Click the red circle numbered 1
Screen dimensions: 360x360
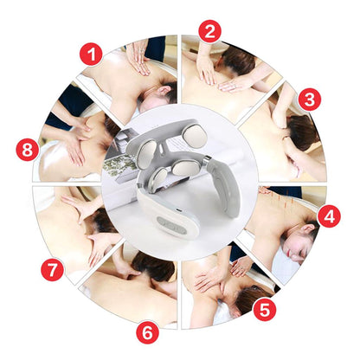coord(91,54)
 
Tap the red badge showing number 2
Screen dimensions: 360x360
coord(210,31)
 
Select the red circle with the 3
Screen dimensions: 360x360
coord(310,100)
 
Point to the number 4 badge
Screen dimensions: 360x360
coord(329,215)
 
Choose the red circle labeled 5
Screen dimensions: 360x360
coord(265,310)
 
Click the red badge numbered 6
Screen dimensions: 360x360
coord(147,332)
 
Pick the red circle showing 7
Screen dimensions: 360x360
coord(52,270)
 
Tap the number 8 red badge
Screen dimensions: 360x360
coord(28,150)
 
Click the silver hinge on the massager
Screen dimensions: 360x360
coord(208,159)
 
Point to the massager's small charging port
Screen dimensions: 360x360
coord(179,210)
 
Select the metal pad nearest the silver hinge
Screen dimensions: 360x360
coord(185,168)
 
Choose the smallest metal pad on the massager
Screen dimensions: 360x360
coord(159,177)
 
